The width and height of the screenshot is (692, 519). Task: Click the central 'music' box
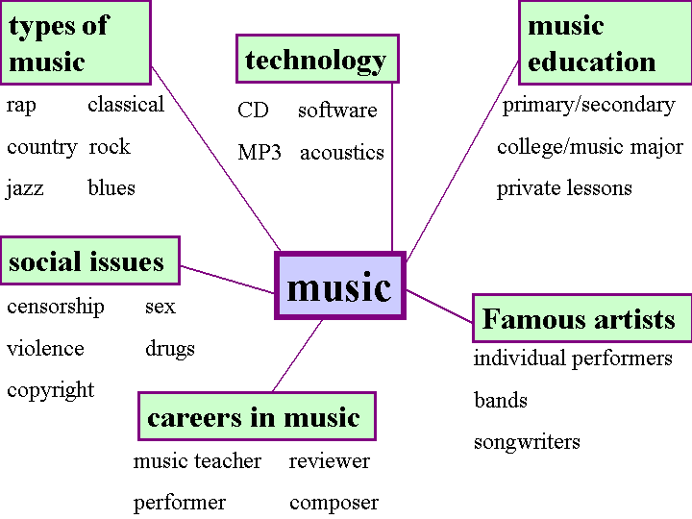pos(340,285)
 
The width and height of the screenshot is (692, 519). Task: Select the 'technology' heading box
pos(316,60)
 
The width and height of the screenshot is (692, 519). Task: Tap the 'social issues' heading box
pos(89,261)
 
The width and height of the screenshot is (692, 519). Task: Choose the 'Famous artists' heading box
pos(581,318)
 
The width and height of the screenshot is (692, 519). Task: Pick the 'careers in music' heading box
pos(255,417)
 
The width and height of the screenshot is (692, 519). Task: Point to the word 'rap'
pos(21,105)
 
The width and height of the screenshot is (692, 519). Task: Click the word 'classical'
pos(126,105)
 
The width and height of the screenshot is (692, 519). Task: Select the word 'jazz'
pos(25,188)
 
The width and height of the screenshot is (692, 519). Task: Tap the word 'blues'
pos(111,188)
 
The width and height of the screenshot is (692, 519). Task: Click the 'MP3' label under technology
pos(259,153)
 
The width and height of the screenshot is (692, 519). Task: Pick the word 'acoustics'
pos(342,153)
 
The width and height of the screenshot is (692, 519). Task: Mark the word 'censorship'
pos(56,307)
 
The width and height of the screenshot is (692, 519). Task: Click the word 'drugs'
pos(170,348)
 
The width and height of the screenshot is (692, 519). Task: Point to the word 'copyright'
pos(51,390)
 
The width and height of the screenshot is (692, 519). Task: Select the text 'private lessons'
pos(564,188)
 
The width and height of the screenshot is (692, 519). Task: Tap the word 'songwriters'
pos(527,443)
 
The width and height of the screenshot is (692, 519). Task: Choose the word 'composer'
pos(334,503)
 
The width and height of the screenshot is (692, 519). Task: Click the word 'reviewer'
pos(330,461)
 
